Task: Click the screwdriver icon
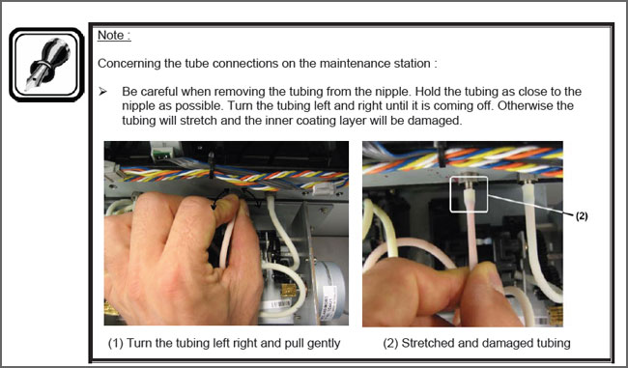(x=47, y=65)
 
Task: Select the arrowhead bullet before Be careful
(x=103, y=92)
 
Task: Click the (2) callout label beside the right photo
(x=582, y=216)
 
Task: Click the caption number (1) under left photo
(x=116, y=343)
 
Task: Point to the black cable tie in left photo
(x=211, y=166)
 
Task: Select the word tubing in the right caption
(x=551, y=344)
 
